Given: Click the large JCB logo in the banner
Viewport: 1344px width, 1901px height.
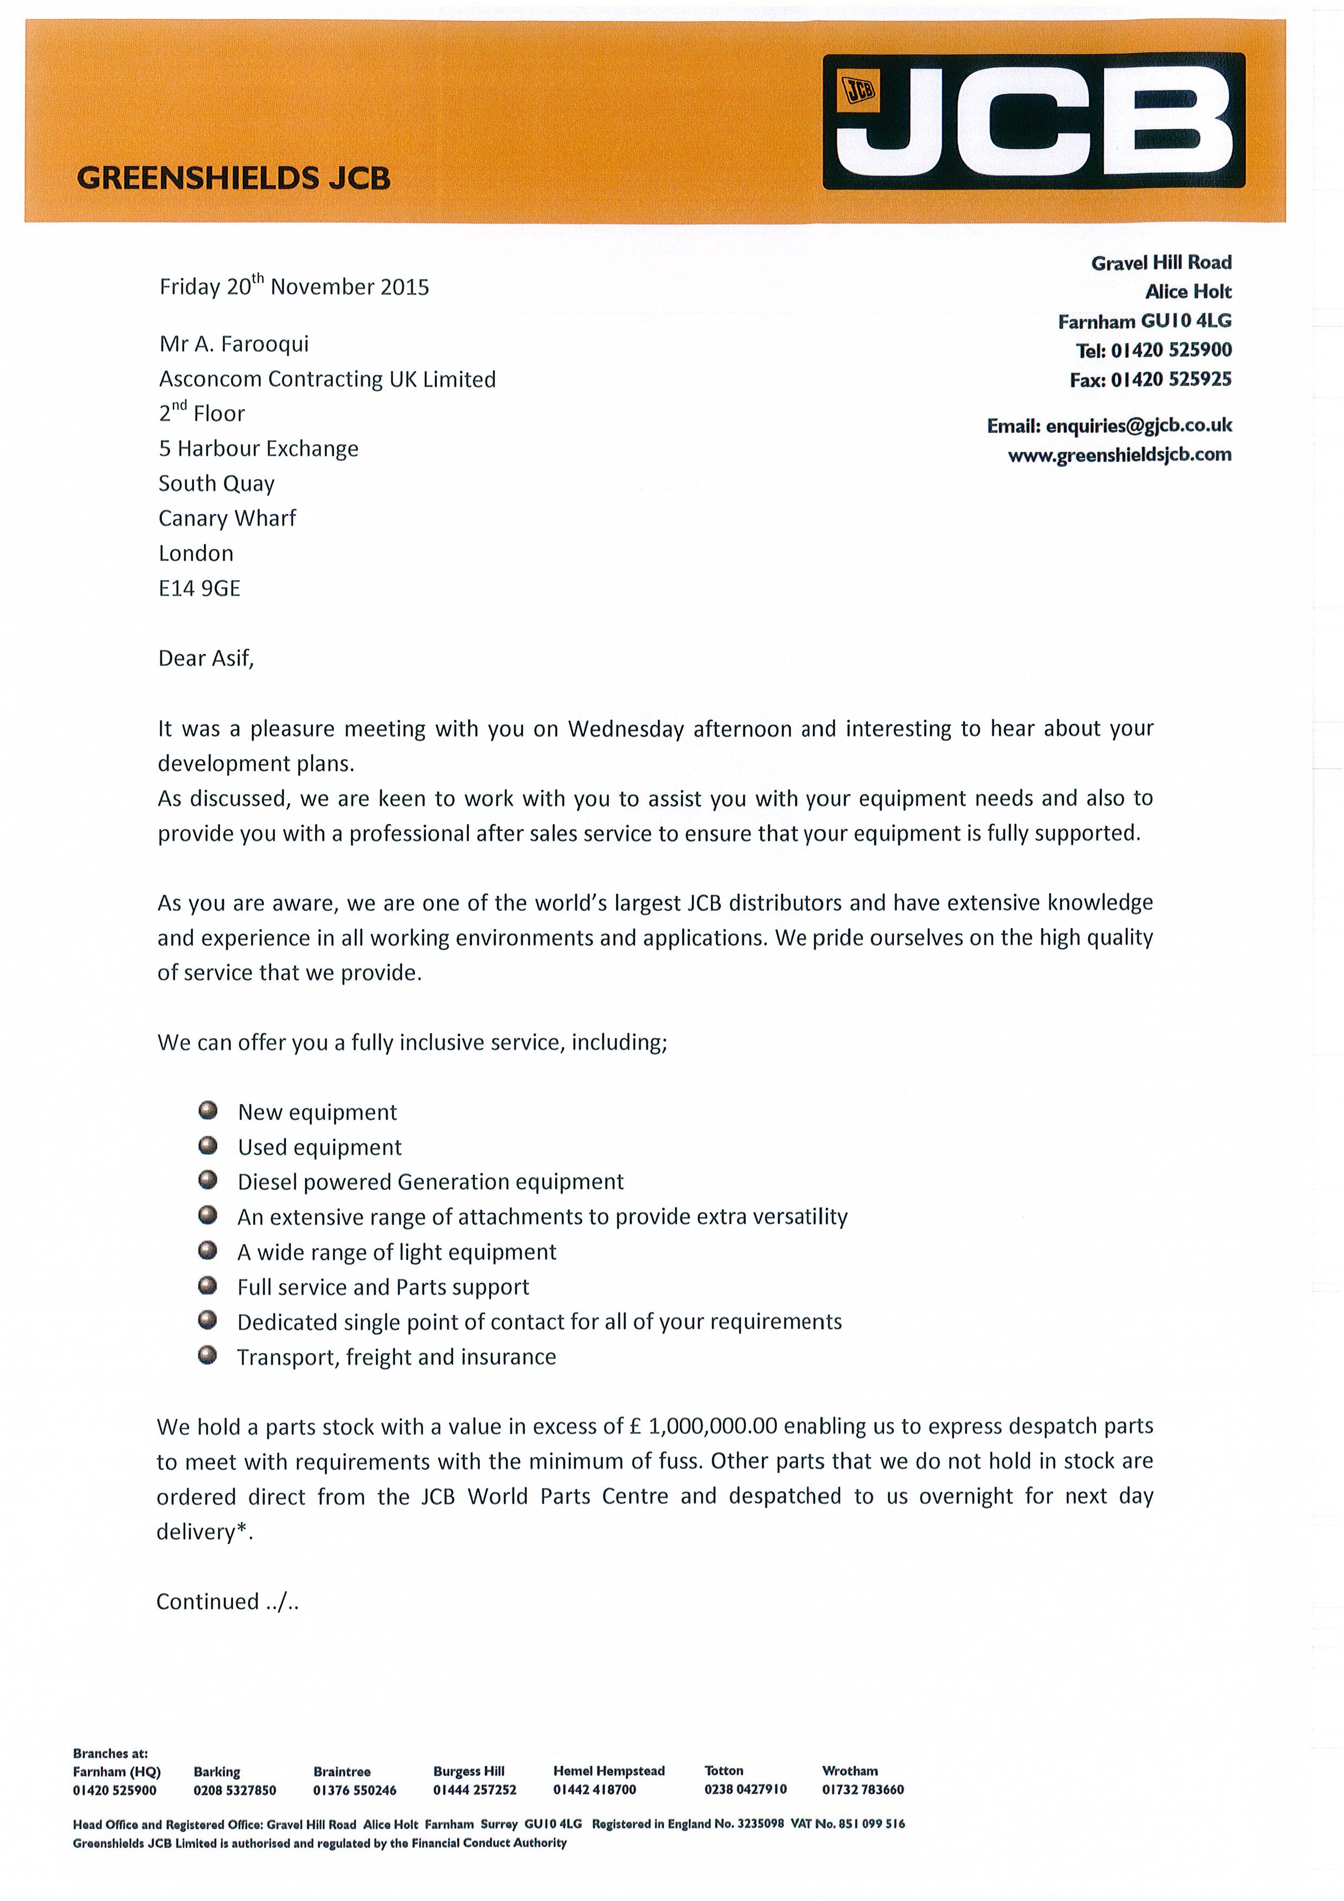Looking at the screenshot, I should point(1033,121).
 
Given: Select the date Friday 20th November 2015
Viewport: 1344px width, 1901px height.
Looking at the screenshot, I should point(294,287).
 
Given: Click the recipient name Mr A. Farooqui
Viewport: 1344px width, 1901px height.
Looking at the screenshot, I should point(234,344).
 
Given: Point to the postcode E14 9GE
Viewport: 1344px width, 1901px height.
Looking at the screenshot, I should point(199,588).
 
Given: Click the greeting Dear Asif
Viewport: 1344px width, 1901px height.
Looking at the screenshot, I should point(205,658).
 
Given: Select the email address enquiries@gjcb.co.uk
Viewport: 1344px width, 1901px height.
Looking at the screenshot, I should point(1139,425).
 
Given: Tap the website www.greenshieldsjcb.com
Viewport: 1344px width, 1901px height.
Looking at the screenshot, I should point(1120,455).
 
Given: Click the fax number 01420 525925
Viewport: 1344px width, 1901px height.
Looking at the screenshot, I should point(1171,379).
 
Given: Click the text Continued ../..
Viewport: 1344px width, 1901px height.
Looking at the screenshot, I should point(227,1601).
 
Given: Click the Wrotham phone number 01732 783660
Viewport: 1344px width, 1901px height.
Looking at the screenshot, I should point(863,1789).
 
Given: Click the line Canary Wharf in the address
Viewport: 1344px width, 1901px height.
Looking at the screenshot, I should point(227,518).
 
